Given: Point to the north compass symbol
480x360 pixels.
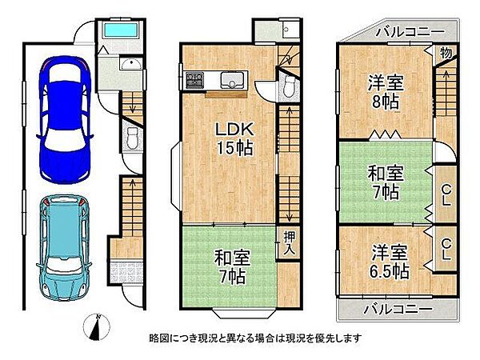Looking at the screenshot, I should (x=97, y=328).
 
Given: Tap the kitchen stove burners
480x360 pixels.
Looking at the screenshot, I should (x=194, y=80).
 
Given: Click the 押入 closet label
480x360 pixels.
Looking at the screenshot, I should (x=288, y=242).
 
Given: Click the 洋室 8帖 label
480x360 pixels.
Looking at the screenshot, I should (x=384, y=90).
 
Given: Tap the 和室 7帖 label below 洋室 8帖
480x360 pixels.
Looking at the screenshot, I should (x=384, y=182).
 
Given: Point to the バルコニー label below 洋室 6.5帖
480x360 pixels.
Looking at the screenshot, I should (x=395, y=309).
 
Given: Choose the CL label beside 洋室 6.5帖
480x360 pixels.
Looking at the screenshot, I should (x=446, y=250).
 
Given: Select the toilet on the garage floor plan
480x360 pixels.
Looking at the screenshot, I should (x=133, y=142).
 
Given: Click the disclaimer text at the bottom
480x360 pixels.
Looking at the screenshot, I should (x=265, y=338).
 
